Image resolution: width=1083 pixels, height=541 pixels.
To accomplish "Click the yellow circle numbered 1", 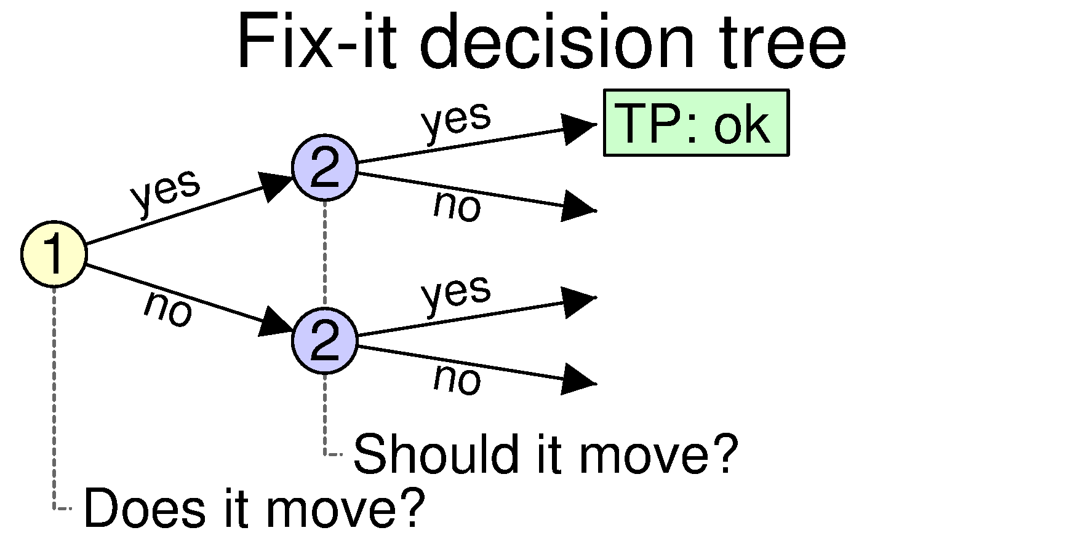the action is click(54, 254).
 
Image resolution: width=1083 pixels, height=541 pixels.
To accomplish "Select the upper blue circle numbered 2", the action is click(325, 167).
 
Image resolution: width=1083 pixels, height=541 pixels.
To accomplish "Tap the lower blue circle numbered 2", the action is click(325, 340).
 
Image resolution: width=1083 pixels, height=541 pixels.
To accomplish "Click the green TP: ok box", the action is click(696, 123).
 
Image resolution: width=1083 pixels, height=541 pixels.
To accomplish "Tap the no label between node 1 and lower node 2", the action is click(168, 309).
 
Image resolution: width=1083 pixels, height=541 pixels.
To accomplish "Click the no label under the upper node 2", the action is click(457, 206).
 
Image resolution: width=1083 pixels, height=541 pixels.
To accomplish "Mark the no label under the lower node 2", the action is click(457, 379).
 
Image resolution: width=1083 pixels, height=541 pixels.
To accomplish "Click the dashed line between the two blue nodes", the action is click(325, 254).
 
